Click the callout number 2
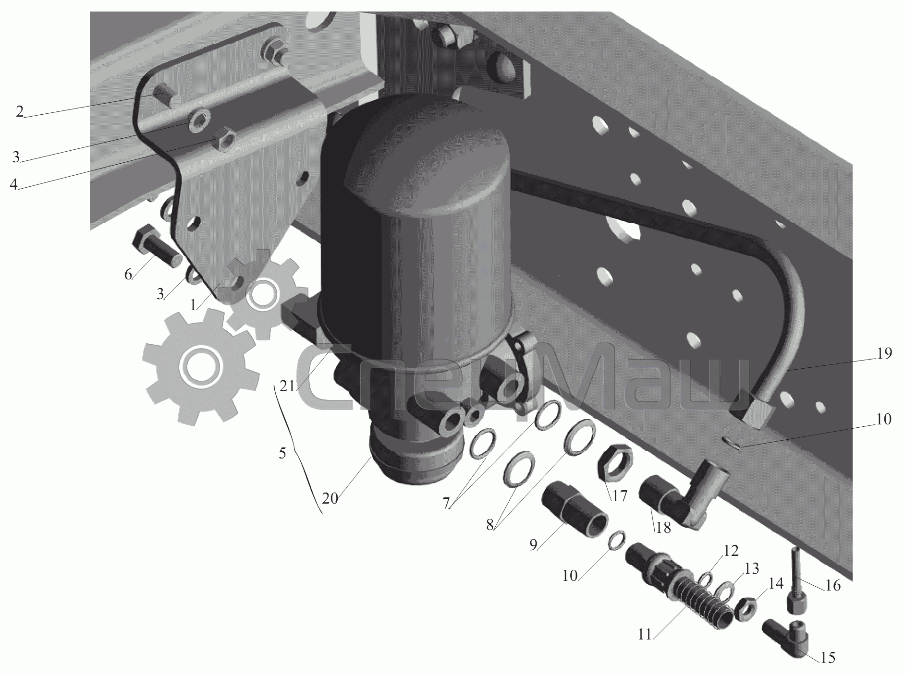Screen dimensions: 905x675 pyautogui.click(x=19, y=112)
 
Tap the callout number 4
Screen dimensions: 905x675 pyautogui.click(x=14, y=184)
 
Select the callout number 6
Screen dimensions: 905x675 pyautogui.click(x=128, y=275)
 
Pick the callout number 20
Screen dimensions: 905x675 pyautogui.click(x=330, y=498)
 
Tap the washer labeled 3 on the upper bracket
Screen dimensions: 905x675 pyautogui.click(x=197, y=118)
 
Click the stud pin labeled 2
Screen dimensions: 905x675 pyautogui.click(x=167, y=95)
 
